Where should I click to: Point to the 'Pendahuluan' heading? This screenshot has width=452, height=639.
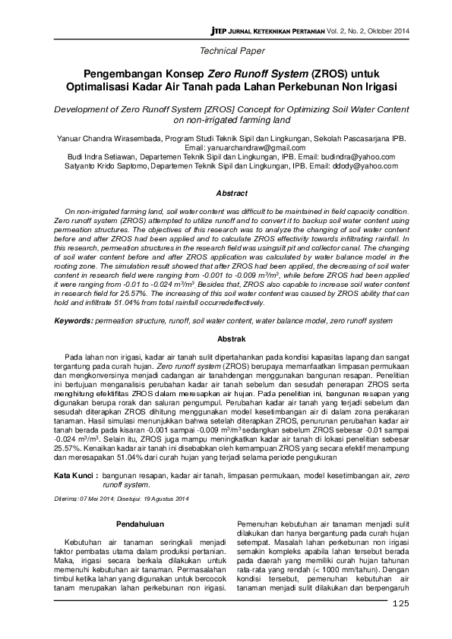click(138, 524)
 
